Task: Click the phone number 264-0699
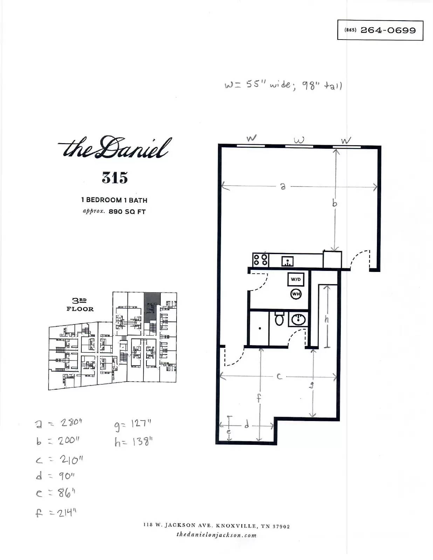coord(388,30)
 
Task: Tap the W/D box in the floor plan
coord(296,279)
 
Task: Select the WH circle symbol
coord(296,294)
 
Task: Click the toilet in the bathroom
coord(279,318)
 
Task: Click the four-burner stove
coord(261,260)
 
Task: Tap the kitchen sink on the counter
coord(287,261)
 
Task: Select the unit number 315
coord(115,177)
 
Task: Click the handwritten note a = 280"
coord(59,423)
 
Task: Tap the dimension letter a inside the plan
coord(283,186)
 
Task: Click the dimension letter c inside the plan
coord(279,377)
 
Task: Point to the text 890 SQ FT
coord(127,212)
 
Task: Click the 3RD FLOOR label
coord(80,305)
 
